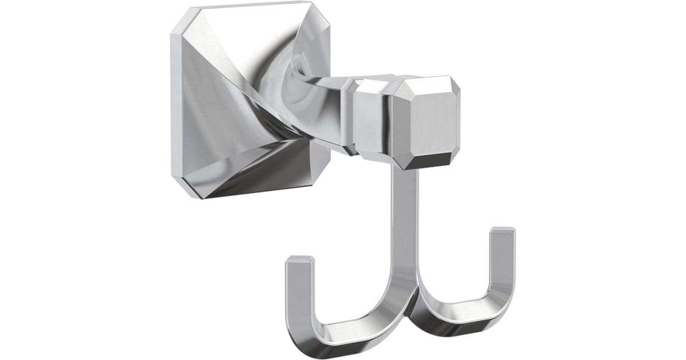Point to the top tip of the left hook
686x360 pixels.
click(300, 260)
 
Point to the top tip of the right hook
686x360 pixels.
click(503, 231)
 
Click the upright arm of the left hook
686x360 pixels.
click(298, 291)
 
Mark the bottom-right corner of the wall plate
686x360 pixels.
click(318, 197)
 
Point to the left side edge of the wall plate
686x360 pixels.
click(173, 103)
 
